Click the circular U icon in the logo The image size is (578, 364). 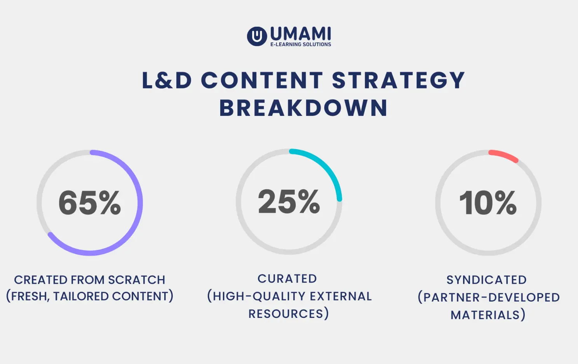click(257, 36)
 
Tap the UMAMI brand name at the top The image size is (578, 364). click(300, 34)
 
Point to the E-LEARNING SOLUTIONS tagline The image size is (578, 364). click(301, 45)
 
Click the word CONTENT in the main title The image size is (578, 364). click(262, 80)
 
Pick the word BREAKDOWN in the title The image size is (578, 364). click(303, 108)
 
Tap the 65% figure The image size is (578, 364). click(90, 202)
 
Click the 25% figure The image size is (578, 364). click(289, 202)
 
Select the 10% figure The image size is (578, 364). click(488, 202)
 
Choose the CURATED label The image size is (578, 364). click(287, 279)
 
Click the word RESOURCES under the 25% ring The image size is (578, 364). click(286, 314)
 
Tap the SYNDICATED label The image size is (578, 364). click(486, 280)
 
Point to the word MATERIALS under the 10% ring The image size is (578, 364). click(486, 315)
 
